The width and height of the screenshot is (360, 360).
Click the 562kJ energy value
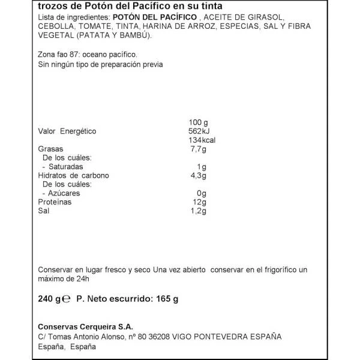[199, 131]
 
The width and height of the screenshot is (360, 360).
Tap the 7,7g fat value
[198, 149]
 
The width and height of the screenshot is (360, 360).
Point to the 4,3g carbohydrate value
[198, 176]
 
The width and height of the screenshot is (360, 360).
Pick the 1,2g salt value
[198, 211]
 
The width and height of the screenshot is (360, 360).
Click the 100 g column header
[199, 122]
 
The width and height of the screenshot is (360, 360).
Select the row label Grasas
[51, 149]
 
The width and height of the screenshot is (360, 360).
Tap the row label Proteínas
[55, 202]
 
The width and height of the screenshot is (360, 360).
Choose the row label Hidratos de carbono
[73, 176]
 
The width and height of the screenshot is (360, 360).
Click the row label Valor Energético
[67, 131]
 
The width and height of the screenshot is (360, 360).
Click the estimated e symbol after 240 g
[68, 299]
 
